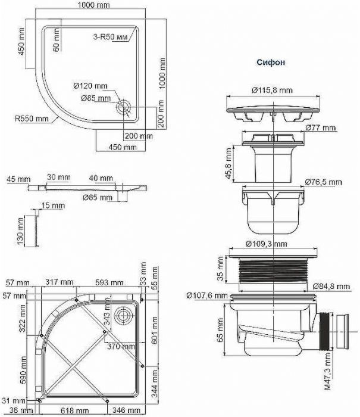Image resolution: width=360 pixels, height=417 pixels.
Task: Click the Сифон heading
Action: [270, 62]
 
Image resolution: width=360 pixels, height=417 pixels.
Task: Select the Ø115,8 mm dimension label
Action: [272, 91]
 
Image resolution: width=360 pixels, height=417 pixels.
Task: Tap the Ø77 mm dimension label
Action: [321, 128]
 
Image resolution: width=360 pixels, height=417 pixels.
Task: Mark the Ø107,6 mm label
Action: [207, 295]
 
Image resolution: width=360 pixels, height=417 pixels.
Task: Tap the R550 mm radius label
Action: [32, 118]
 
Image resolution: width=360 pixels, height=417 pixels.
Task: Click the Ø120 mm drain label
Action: [94, 87]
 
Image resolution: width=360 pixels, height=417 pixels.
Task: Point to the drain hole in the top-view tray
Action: [124, 107]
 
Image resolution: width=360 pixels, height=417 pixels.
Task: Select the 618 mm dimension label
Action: [74, 411]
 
